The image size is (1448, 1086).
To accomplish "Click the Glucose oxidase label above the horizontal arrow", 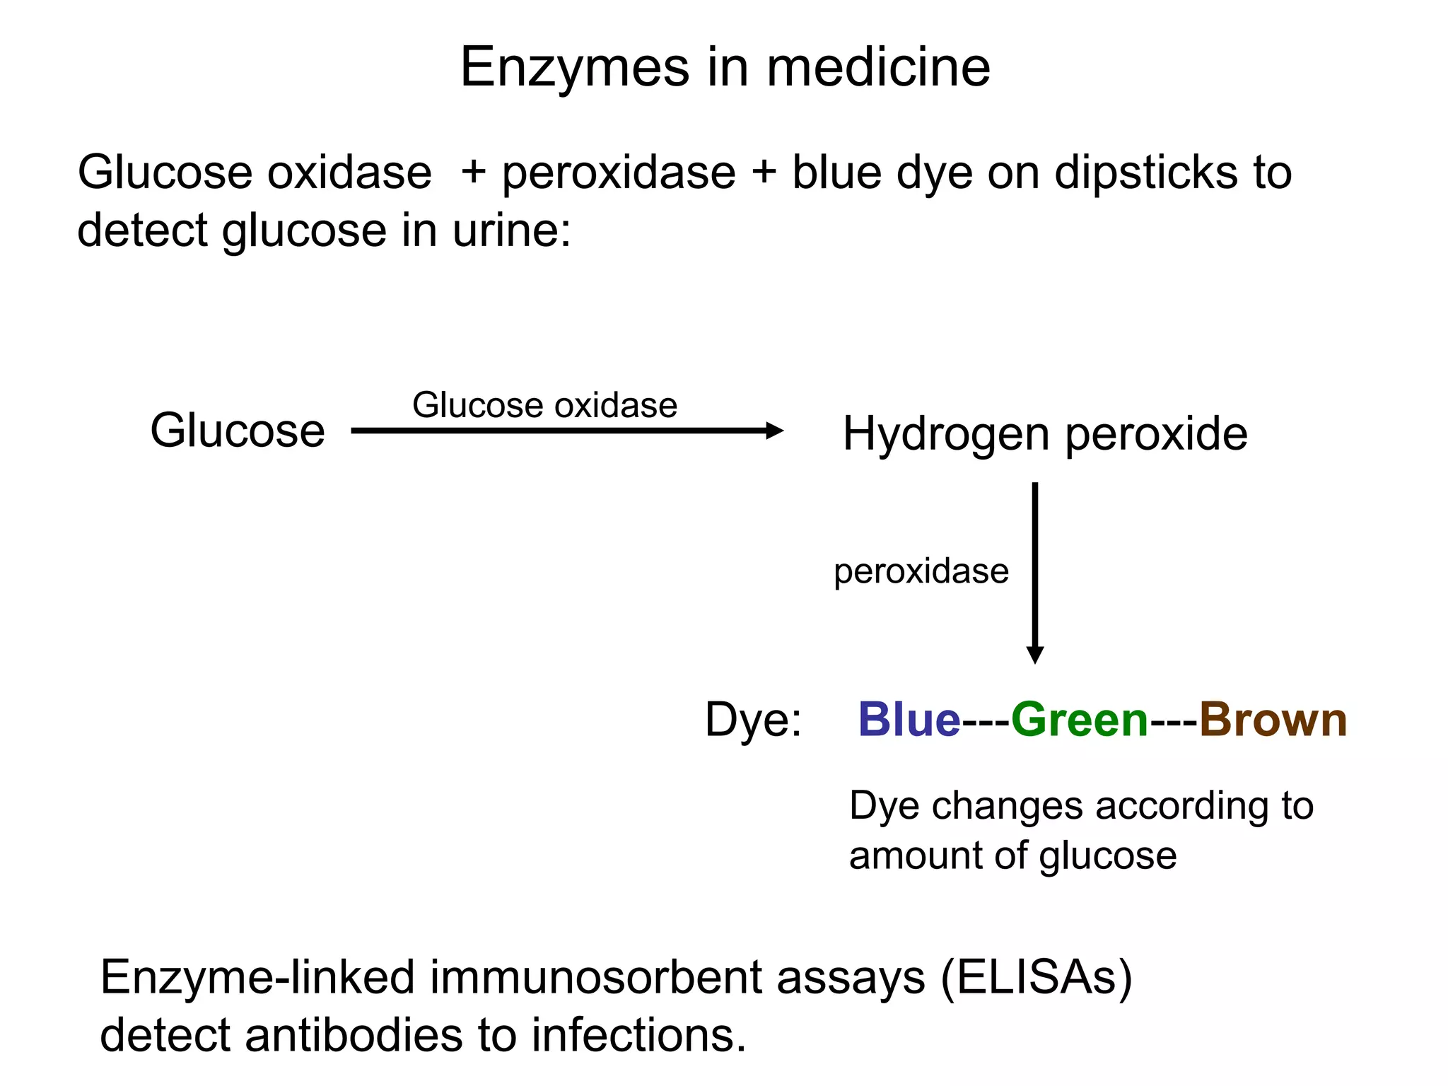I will [x=544, y=405].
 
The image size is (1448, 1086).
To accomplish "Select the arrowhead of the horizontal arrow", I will [x=775, y=431].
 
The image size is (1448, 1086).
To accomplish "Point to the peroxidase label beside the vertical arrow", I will [x=921, y=571].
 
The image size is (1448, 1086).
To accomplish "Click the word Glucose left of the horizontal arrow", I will [x=238, y=431].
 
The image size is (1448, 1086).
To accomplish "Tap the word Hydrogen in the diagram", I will [x=945, y=435].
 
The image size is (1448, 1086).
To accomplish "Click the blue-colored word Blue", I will [x=909, y=720].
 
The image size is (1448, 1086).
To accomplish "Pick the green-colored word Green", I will [x=1080, y=720].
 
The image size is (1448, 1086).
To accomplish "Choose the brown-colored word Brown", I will [x=1273, y=720].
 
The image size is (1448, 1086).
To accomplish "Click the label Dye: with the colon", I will [x=754, y=720].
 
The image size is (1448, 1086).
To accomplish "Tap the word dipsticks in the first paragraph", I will [x=1146, y=173].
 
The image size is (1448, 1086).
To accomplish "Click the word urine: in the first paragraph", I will [x=511, y=230].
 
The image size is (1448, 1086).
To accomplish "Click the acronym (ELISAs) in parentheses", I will [x=1037, y=977].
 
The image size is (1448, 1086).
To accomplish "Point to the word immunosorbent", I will [x=595, y=977].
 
